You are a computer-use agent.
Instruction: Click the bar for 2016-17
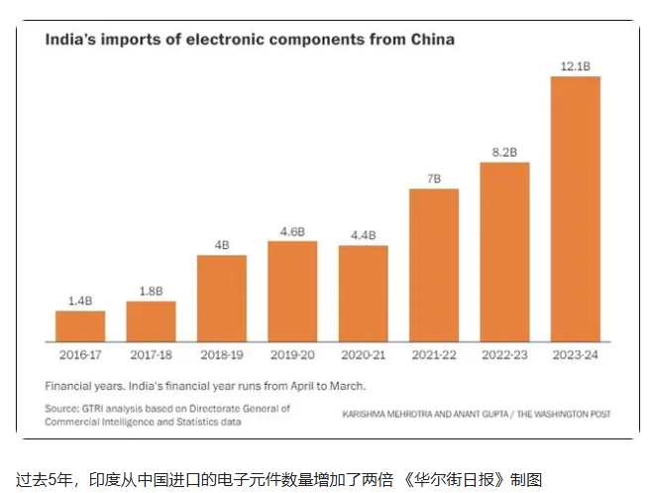pyautogui.click(x=80, y=325)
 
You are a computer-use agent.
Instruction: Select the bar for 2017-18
pyautogui.click(x=151, y=320)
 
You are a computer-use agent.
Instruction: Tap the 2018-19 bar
pyautogui.click(x=222, y=298)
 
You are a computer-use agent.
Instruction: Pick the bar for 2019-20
pyautogui.click(x=292, y=291)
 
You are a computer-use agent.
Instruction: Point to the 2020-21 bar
pyautogui.click(x=364, y=293)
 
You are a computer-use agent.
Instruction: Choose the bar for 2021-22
pyautogui.click(x=434, y=265)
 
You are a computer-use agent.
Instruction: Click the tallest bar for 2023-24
pyautogui.click(x=576, y=208)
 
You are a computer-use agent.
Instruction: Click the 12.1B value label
pyautogui.click(x=576, y=66)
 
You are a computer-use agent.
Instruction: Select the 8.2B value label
pyautogui.click(x=505, y=153)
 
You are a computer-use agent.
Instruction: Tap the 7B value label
pyautogui.click(x=434, y=179)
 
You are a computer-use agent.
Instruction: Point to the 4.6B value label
pyautogui.click(x=292, y=231)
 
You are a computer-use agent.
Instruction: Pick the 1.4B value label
pyautogui.click(x=80, y=301)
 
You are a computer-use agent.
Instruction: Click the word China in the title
pyautogui.click(x=428, y=40)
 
